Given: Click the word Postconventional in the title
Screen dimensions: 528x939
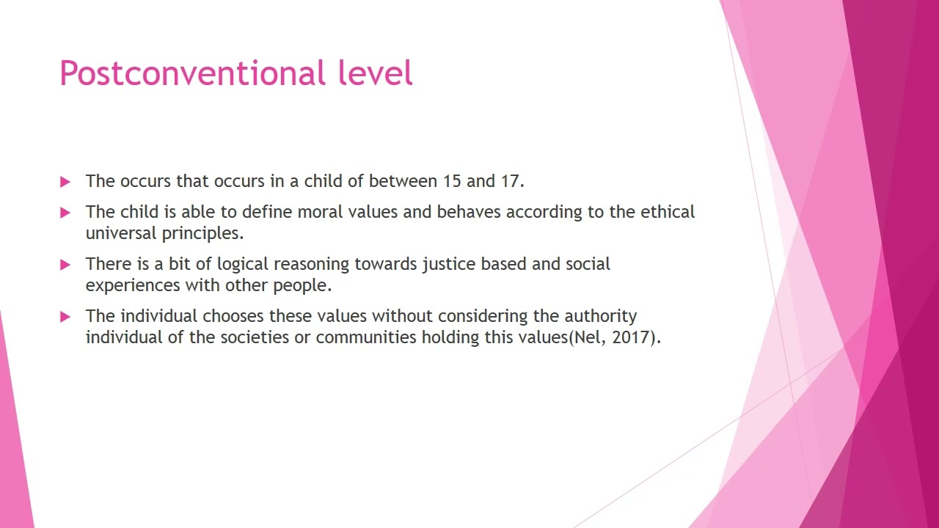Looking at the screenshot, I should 192,74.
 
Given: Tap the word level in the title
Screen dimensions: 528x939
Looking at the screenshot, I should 375,74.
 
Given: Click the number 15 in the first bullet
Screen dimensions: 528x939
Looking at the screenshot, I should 451,181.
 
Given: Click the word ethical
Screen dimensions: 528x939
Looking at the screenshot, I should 667,213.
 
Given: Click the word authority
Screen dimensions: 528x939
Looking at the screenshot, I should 600,316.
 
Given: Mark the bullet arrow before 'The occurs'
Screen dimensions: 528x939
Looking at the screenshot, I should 65,182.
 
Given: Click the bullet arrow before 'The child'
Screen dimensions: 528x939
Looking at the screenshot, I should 65,213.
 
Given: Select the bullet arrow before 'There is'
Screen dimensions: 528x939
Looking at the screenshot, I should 65,265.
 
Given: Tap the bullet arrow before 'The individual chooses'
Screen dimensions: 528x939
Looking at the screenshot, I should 65,317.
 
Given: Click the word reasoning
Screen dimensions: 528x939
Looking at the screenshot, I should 312,265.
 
